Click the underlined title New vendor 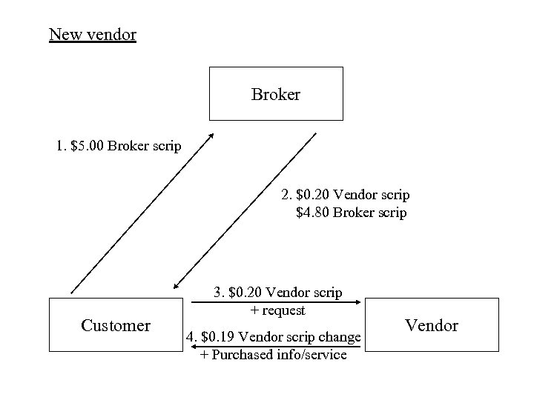(92, 34)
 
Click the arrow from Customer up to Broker (141, 215)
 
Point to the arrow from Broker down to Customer (245, 211)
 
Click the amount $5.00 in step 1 (87, 145)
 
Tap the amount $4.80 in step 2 (313, 213)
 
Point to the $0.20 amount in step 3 (245, 293)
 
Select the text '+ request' (277, 310)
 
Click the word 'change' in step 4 (340, 338)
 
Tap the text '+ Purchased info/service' (273, 355)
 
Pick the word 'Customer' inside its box (116, 326)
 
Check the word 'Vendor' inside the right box (432, 326)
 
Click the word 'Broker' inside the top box (275, 95)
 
